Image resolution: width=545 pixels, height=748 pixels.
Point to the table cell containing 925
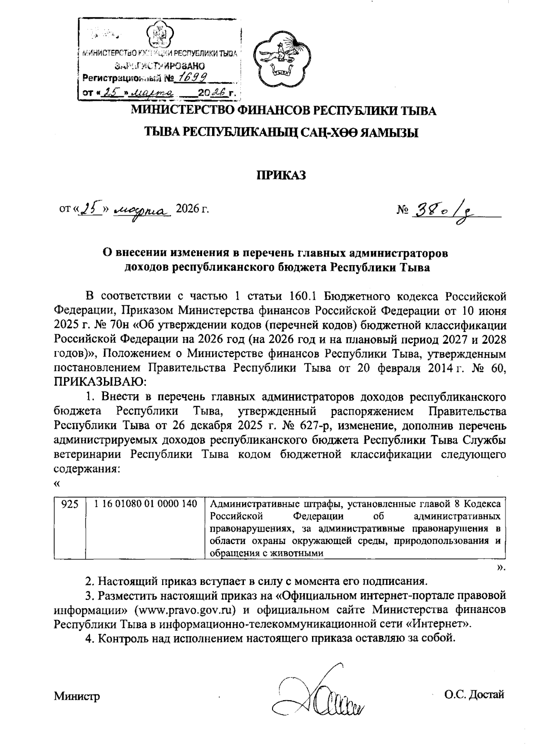click(69, 504)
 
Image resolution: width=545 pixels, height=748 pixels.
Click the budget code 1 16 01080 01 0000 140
click(146, 504)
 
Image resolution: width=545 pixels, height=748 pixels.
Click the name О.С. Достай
click(475, 695)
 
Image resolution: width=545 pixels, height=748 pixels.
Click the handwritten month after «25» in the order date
click(142, 210)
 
